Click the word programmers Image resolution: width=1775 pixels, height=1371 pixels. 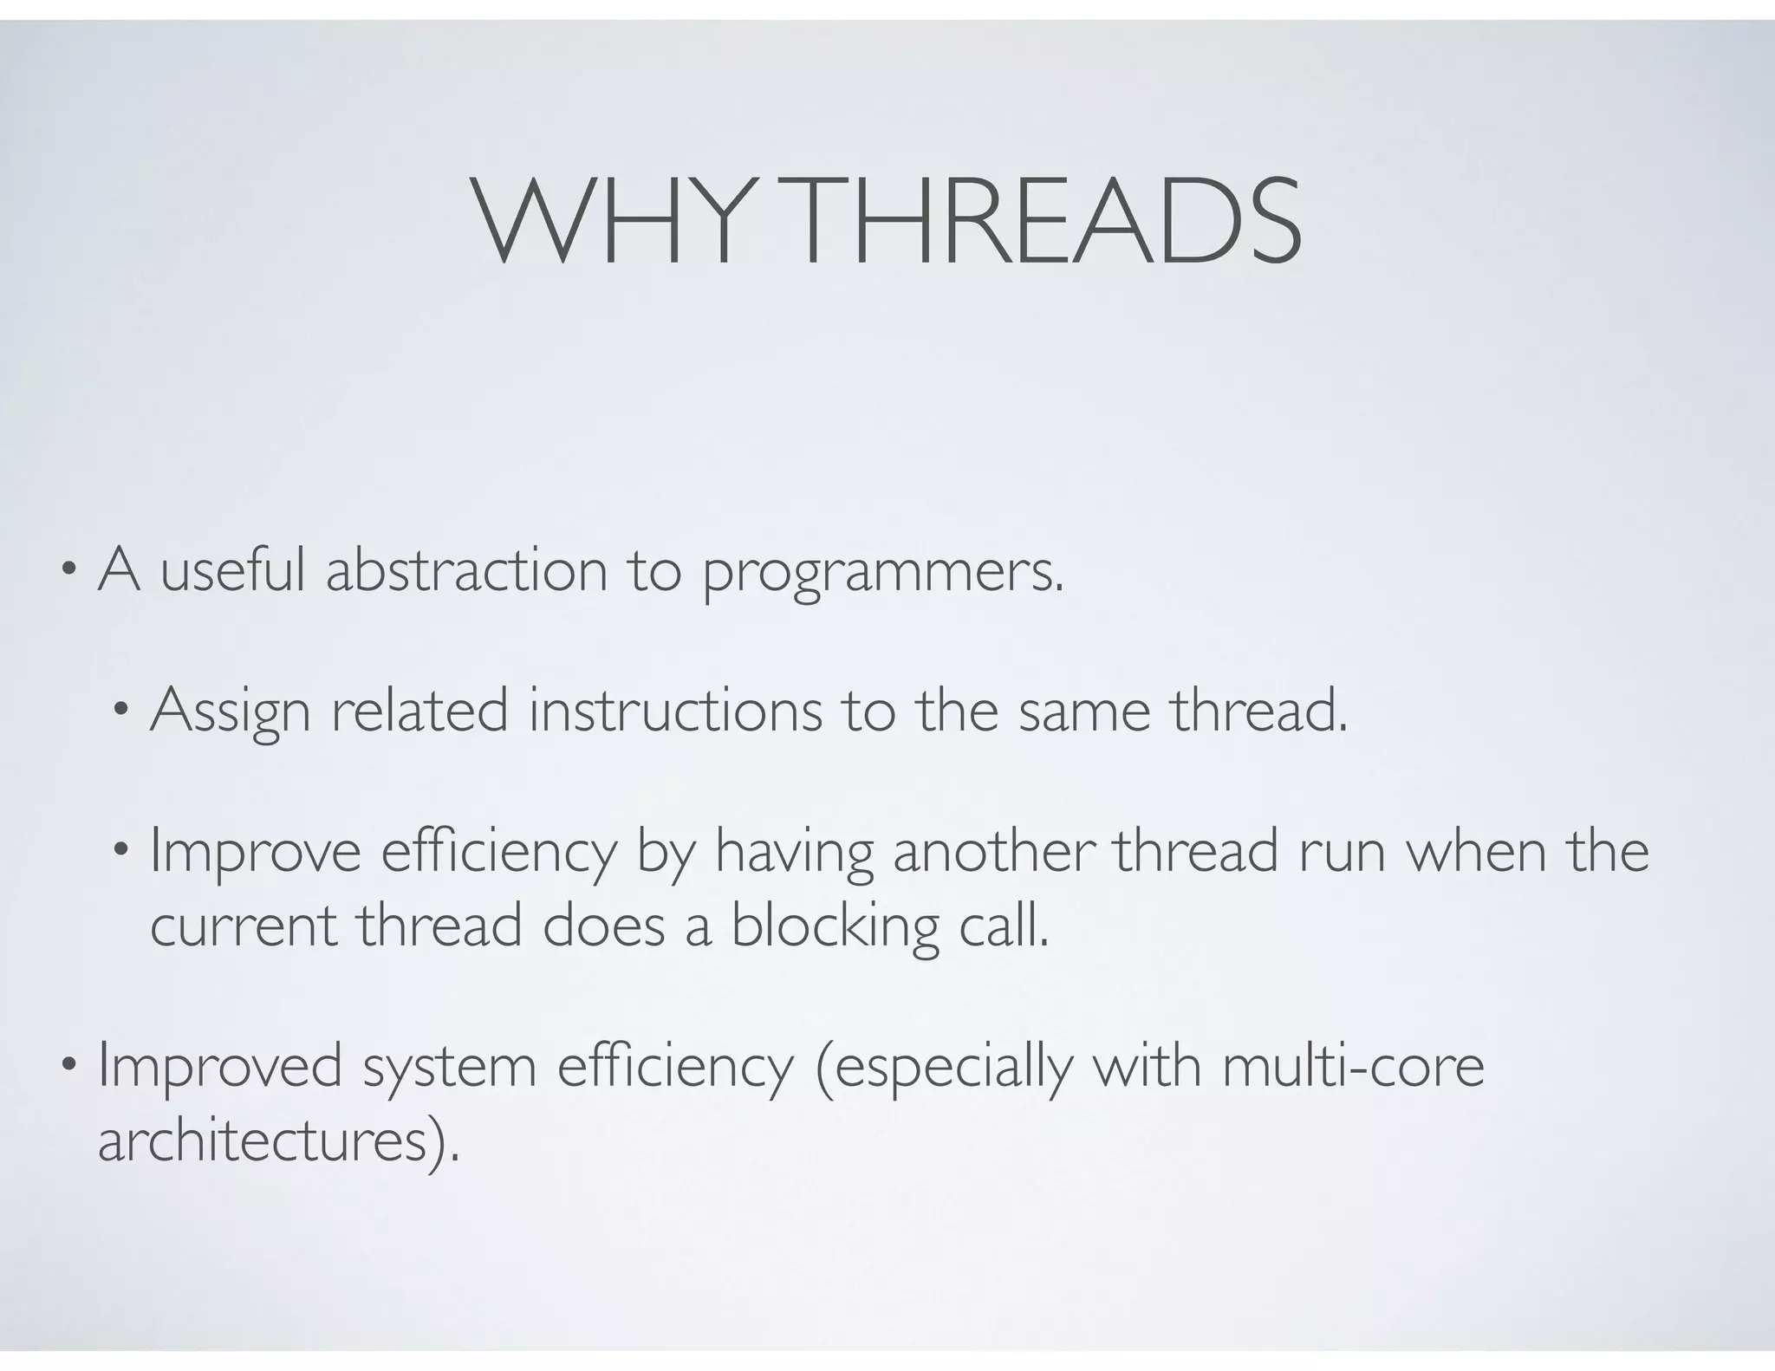coord(881,574)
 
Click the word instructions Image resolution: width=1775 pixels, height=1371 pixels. coord(675,711)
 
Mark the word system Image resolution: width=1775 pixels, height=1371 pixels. coord(450,1068)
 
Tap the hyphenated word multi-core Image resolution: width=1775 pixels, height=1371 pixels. coord(1353,1066)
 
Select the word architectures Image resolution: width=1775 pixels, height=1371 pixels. coord(264,1142)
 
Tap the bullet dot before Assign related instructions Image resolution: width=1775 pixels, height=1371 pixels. coord(120,711)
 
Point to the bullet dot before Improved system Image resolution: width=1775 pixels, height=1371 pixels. coord(68,1066)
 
